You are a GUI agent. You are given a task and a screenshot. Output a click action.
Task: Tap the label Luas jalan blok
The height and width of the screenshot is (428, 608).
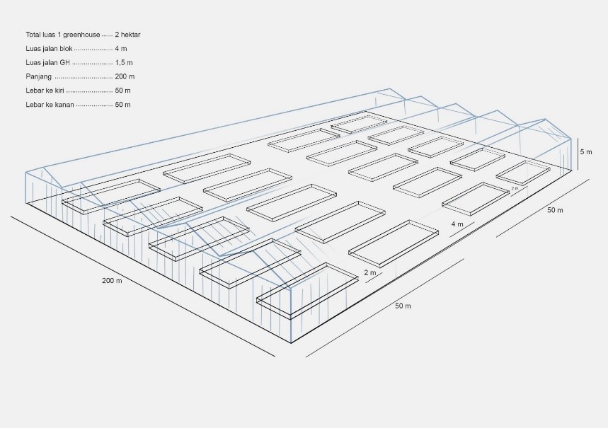(49, 48)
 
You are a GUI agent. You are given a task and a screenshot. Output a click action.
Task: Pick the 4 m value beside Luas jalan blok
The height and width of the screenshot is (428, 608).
(121, 48)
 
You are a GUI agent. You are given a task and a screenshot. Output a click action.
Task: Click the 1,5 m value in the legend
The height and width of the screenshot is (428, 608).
(124, 62)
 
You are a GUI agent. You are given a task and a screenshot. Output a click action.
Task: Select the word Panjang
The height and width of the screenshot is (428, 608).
(38, 76)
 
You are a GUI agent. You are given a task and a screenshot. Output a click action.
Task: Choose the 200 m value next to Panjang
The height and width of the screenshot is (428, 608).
(125, 76)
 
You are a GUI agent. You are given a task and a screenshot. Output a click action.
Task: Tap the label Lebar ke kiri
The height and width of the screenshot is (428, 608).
(45, 91)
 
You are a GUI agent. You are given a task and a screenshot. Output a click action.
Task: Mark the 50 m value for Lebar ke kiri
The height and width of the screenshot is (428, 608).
(122, 91)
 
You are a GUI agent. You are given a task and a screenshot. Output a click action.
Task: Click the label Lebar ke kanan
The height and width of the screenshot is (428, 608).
(49, 105)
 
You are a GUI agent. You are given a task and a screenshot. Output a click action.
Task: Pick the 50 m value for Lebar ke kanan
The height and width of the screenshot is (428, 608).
(122, 105)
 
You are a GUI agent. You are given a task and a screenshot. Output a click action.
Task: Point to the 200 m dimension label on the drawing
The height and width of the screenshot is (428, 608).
(112, 281)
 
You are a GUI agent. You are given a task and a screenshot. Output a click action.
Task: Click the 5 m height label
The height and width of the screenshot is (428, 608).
(586, 152)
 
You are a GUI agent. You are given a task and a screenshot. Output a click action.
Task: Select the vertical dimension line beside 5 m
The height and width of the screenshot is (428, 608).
(578, 154)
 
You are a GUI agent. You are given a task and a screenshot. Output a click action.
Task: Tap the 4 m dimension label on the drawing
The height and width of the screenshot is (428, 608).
(457, 224)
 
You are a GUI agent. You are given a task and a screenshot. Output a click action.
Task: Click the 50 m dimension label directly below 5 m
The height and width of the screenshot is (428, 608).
(555, 210)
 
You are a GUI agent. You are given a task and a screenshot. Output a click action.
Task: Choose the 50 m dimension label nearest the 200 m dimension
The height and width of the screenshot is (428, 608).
(403, 306)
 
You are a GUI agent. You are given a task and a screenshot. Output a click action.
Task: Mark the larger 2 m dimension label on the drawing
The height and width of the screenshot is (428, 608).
(369, 272)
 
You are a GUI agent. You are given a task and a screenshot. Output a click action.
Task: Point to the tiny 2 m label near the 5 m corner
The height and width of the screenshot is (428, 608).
(515, 189)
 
